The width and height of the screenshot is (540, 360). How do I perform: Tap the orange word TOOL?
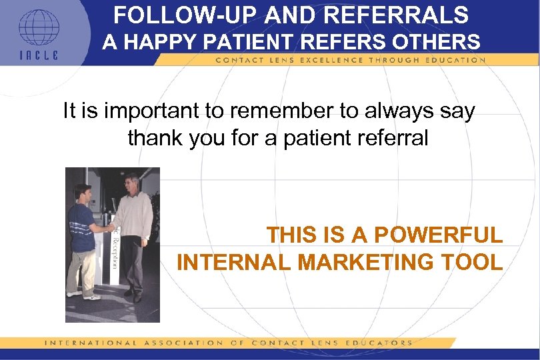click(474, 262)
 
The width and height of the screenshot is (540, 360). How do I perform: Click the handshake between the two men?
click(107, 227)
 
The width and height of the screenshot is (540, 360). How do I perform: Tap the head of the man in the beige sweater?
click(131, 183)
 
